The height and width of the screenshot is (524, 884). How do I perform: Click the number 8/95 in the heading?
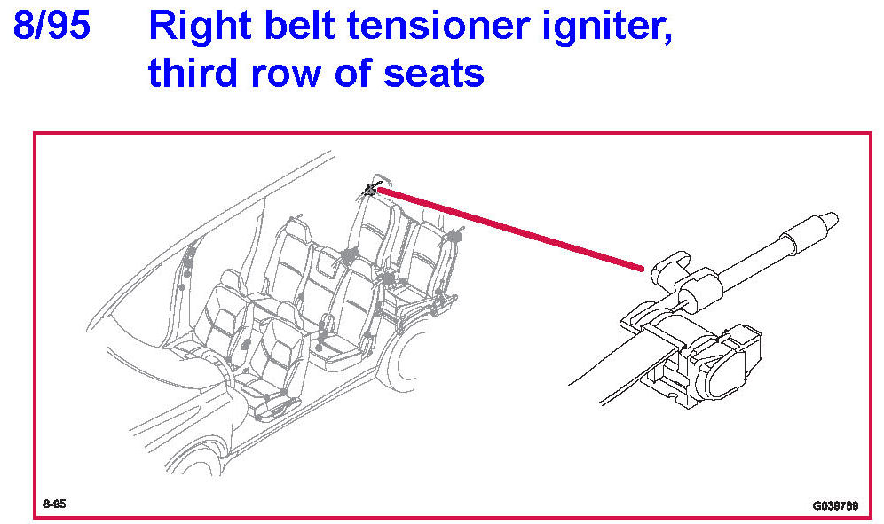click(51, 26)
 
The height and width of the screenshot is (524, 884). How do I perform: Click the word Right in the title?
click(201, 27)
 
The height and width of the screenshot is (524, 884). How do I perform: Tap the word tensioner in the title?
click(438, 26)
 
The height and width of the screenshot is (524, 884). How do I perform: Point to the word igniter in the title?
click(607, 28)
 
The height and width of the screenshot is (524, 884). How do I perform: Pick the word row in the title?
click(286, 76)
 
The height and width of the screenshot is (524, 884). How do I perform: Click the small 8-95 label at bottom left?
click(55, 504)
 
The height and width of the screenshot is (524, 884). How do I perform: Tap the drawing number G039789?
click(835, 505)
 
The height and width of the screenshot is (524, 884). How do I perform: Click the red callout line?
click(510, 230)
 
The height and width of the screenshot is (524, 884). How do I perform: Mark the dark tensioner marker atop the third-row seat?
click(372, 190)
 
